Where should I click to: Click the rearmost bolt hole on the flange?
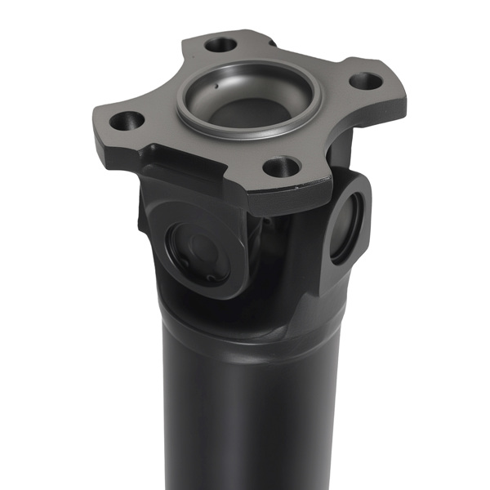click(x=220, y=44)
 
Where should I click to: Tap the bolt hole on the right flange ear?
click(x=363, y=82)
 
